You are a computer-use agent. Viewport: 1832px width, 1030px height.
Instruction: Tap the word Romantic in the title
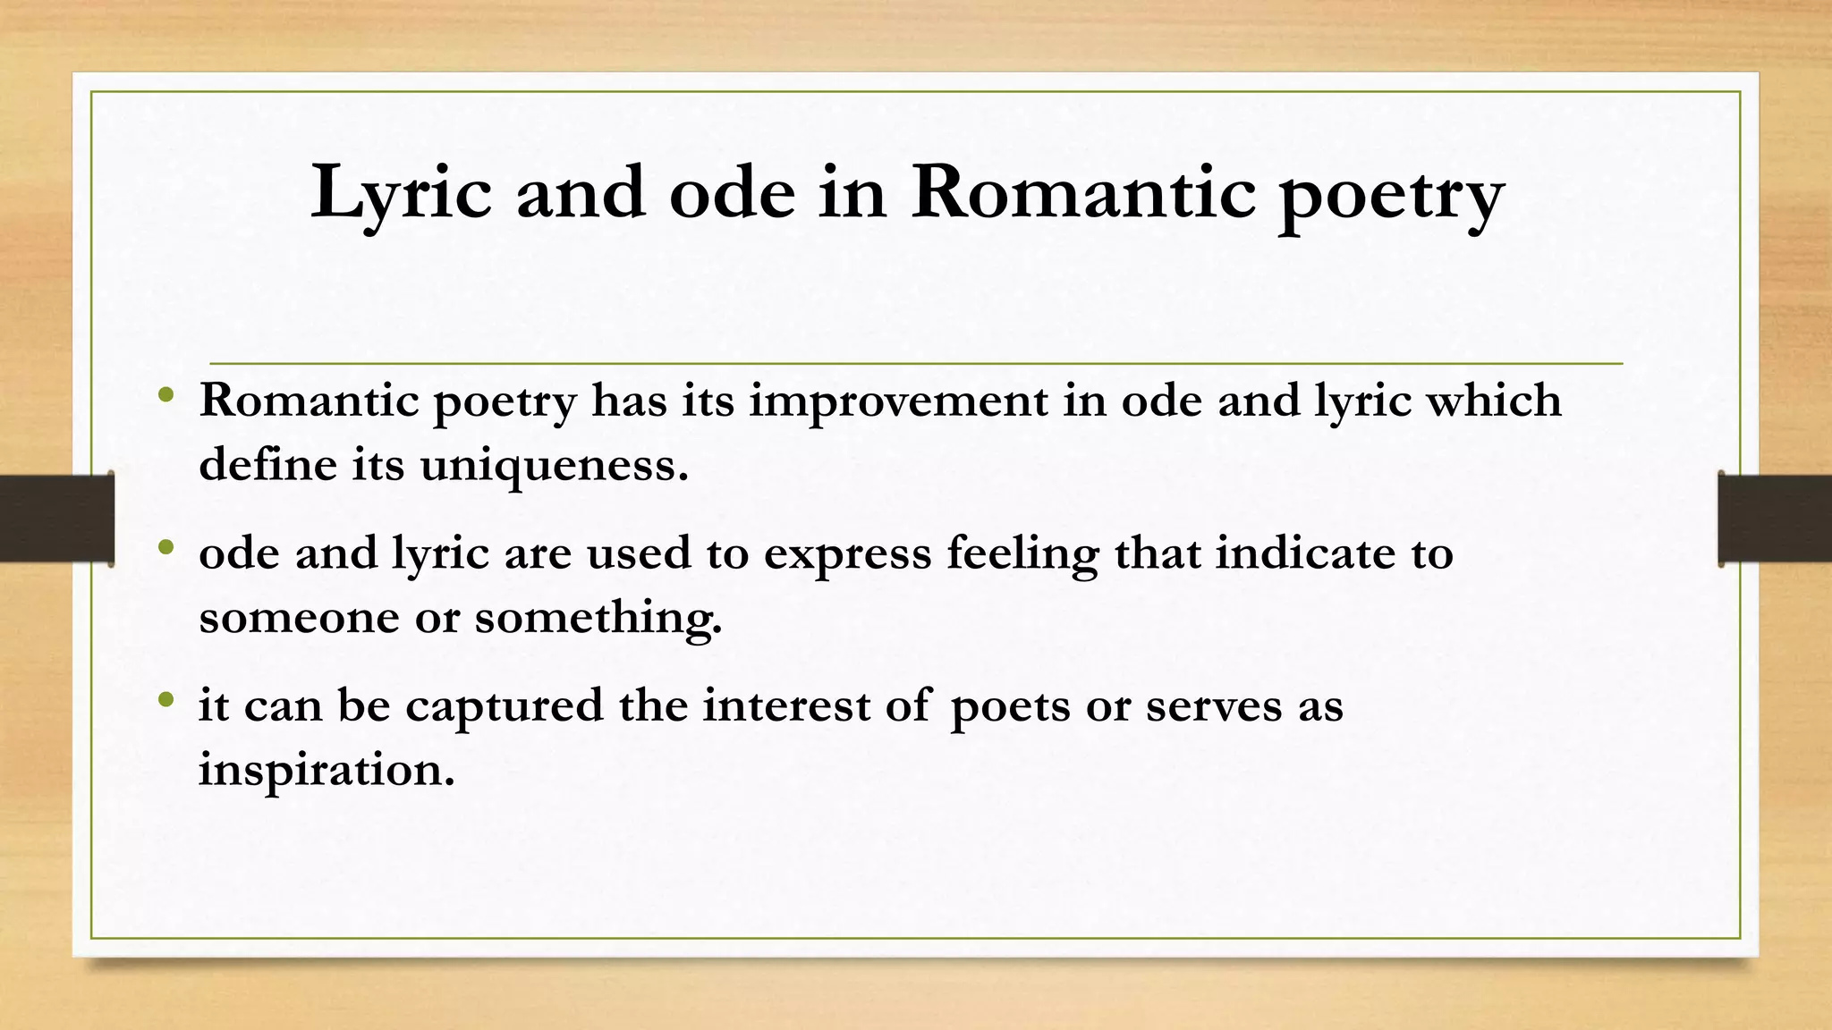coord(1082,192)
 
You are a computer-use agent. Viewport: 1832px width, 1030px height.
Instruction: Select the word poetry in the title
coord(1391,197)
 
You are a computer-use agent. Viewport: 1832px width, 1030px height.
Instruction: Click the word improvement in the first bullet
coord(898,401)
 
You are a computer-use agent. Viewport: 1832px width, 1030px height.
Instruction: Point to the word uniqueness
coord(554,465)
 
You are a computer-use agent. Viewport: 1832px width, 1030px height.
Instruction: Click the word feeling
coord(1022,554)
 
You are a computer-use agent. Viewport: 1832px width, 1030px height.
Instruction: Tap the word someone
coord(299,618)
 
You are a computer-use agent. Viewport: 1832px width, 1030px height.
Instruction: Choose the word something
coord(598,618)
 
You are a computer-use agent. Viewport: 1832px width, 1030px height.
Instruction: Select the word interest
coord(786,705)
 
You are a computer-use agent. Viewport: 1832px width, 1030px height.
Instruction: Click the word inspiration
coord(327,770)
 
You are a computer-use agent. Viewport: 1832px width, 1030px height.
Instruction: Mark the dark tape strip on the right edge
coord(1775,519)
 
